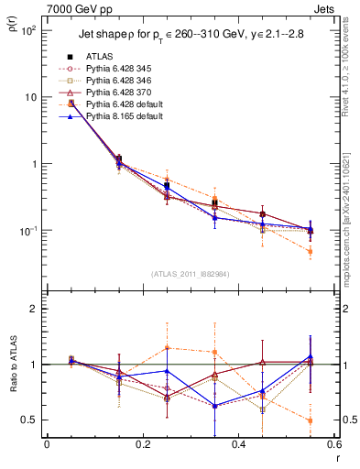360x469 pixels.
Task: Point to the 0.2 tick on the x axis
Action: tap(142, 444)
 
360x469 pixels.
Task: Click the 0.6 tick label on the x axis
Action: tap(333, 444)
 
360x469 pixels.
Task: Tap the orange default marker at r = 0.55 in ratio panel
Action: tap(311, 420)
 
